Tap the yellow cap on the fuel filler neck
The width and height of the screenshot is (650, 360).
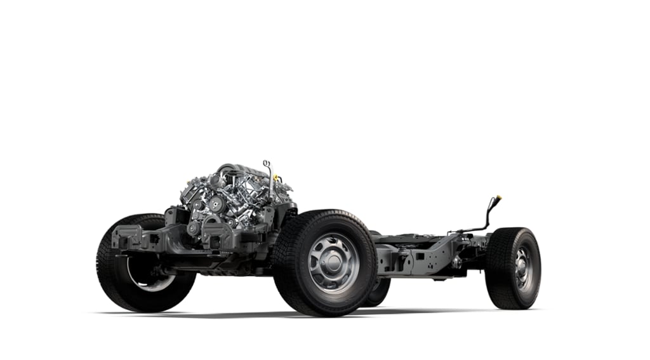pos(498,197)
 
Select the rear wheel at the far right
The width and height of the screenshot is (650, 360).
pos(513,268)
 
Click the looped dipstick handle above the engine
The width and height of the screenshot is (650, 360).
pos(267,164)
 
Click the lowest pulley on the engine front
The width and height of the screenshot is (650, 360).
pos(192,229)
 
